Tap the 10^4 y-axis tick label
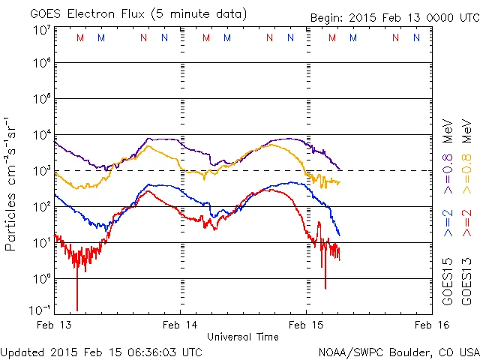pyautogui.click(x=41, y=135)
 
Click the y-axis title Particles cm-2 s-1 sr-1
pyautogui.click(x=11, y=183)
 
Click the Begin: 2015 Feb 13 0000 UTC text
pyautogui.click(x=394, y=18)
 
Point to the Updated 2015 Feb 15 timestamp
pyautogui.click(x=101, y=351)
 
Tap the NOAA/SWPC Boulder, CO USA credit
pyautogui.click(x=398, y=351)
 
